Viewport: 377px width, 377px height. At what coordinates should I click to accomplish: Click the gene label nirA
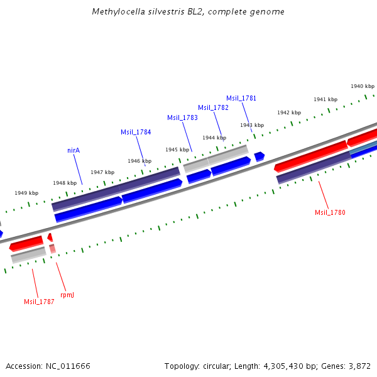[74, 151]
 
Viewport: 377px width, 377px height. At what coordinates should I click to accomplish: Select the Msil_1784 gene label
[136, 132]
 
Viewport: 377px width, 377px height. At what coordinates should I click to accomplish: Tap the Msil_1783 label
[182, 117]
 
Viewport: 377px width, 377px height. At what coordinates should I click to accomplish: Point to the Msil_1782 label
[213, 107]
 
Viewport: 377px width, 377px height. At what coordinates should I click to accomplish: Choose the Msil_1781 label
[241, 98]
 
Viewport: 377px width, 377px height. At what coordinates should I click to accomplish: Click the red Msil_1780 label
[330, 212]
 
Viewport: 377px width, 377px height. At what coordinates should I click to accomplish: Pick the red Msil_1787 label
[39, 302]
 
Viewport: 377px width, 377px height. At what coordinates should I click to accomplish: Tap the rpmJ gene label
[67, 294]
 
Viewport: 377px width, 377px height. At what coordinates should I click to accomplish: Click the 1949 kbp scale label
[26, 193]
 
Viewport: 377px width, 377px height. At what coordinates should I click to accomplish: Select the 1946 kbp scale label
[139, 161]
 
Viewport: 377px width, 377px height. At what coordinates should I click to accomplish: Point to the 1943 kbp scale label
[251, 125]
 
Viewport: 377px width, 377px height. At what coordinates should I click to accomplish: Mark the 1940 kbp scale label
[363, 86]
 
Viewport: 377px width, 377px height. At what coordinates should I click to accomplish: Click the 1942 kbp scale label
[288, 112]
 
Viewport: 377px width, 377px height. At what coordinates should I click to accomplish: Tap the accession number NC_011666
[68, 366]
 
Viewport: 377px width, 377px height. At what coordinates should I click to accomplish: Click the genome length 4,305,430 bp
[290, 366]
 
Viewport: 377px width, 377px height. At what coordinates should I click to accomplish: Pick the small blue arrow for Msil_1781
[259, 156]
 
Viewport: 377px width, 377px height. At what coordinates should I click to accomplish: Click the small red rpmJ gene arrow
[50, 237]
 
